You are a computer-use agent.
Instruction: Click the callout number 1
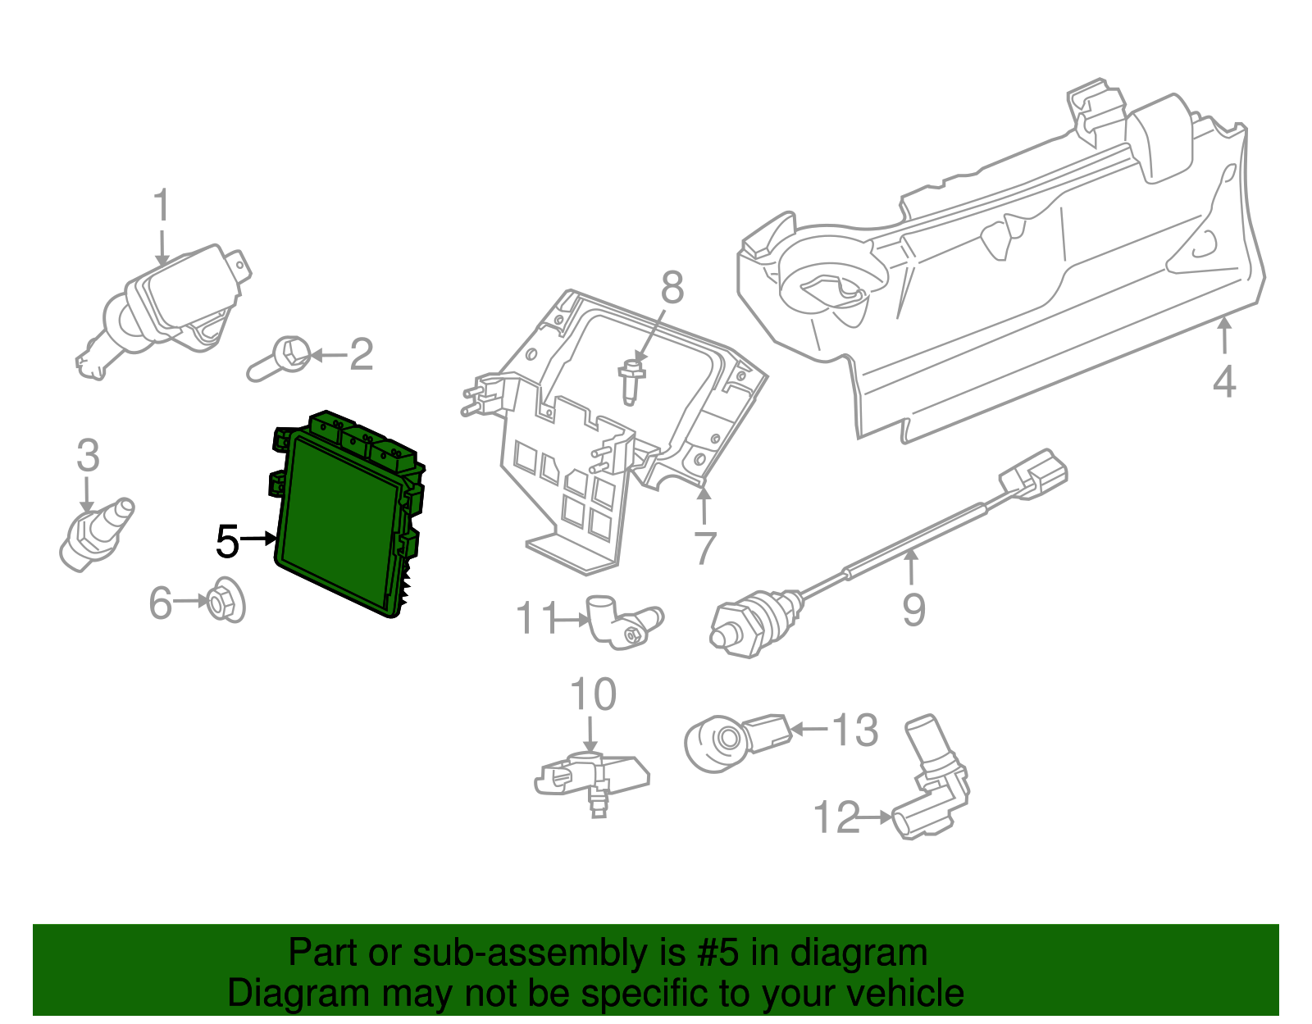click(162, 205)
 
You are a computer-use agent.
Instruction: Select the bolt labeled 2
click(280, 361)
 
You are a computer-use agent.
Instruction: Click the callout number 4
click(1223, 382)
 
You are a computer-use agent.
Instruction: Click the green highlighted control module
click(342, 521)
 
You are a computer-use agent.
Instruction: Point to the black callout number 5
click(227, 542)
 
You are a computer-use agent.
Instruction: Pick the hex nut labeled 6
click(222, 604)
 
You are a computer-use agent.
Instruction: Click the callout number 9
click(913, 609)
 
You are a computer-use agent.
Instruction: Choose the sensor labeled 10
click(590, 777)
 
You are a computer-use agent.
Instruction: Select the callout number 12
click(836, 817)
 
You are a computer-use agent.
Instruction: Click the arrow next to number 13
click(809, 729)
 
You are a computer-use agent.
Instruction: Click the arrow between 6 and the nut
click(192, 602)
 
